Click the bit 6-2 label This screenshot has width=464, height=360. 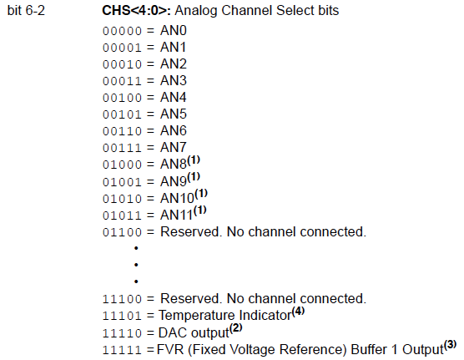30,13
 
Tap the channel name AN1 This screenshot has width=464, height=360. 174,48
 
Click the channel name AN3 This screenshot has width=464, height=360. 174,81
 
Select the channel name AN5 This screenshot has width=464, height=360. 174,114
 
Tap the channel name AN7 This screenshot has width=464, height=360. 174,148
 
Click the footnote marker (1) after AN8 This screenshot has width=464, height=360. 194,160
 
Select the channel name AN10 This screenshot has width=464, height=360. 177,198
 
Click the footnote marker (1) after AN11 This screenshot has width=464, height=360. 200,210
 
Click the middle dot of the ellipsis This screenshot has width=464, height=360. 134,265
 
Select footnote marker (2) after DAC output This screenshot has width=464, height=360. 236,327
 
